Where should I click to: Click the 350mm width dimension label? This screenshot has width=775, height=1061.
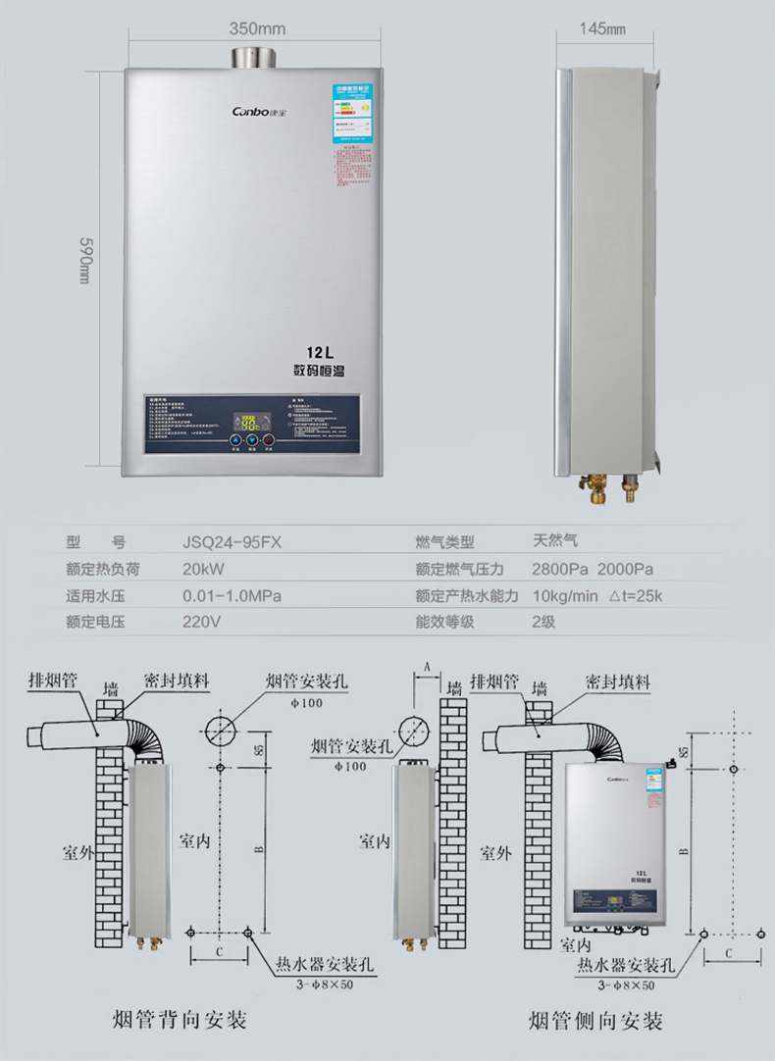coord(258,28)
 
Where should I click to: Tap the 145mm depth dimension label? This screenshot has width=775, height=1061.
coord(601,28)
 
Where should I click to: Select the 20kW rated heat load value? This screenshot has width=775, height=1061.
coord(204,569)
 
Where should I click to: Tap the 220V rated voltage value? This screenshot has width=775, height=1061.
coord(201,622)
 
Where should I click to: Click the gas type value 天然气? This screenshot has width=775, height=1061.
coord(555,540)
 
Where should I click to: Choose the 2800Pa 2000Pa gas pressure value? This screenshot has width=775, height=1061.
coord(593,569)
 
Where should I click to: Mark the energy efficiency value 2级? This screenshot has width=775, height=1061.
coord(543,622)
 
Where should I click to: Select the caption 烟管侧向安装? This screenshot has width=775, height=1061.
coord(595,1021)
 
